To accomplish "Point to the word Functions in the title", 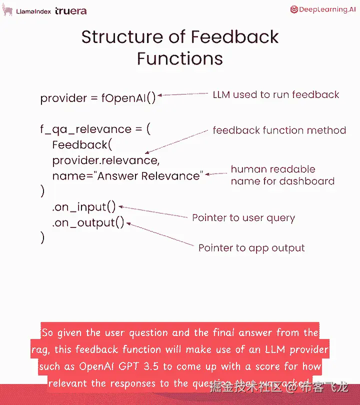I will click(180, 58).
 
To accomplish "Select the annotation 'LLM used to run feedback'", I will click(276, 94).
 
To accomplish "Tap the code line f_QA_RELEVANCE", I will click(87, 129).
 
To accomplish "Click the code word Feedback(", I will click(80, 145).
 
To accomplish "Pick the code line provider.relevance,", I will click(105, 160).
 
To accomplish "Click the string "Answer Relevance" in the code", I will click(150, 176).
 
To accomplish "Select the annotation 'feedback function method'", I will click(279, 130).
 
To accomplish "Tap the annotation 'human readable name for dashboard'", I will click(282, 175).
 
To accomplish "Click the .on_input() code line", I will click(84, 206).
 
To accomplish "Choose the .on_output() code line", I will click(88, 223).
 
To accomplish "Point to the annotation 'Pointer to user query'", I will click(243, 218).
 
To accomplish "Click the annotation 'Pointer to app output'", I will click(251, 248).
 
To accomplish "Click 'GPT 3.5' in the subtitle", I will click(141, 366).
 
